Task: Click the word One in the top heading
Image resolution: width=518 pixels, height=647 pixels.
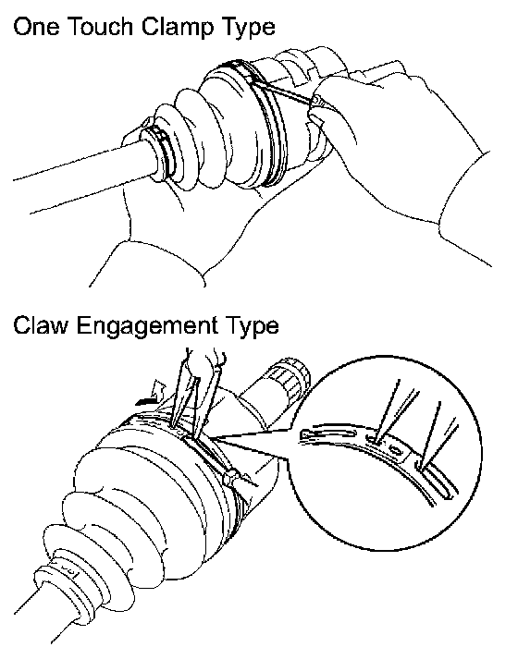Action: click(x=35, y=27)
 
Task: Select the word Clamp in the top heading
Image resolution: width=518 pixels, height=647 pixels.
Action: click(x=178, y=28)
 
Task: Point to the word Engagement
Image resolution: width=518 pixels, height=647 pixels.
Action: click(x=147, y=327)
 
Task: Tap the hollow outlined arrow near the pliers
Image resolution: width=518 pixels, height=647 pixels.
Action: click(x=159, y=390)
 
